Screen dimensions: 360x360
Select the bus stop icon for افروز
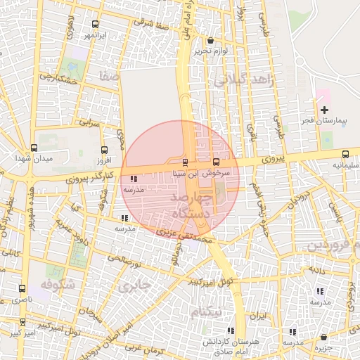pyautogui.click(x=105, y=150)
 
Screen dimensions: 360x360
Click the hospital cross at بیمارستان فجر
pyautogui.click(x=324, y=110)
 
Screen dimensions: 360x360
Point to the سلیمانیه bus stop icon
pyautogui.click(x=345, y=155)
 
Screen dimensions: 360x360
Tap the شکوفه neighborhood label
pyautogui.click(x=57, y=285)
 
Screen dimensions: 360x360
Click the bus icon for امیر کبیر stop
pyautogui.click(x=23, y=322)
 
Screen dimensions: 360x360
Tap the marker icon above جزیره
pyautogui.click(x=323, y=337)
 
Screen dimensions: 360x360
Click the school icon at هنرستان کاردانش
pyautogui.click(x=230, y=330)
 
